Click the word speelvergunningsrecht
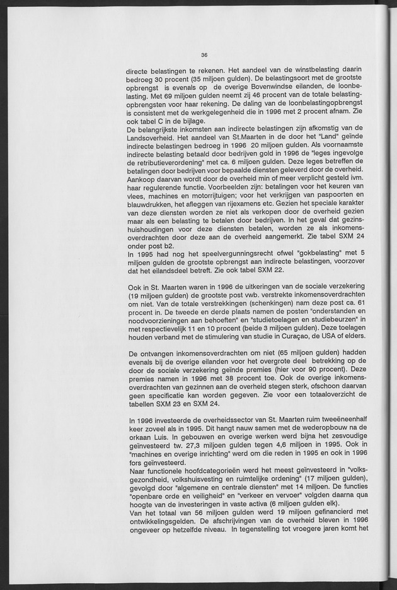pyautogui.click(x=228, y=252)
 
